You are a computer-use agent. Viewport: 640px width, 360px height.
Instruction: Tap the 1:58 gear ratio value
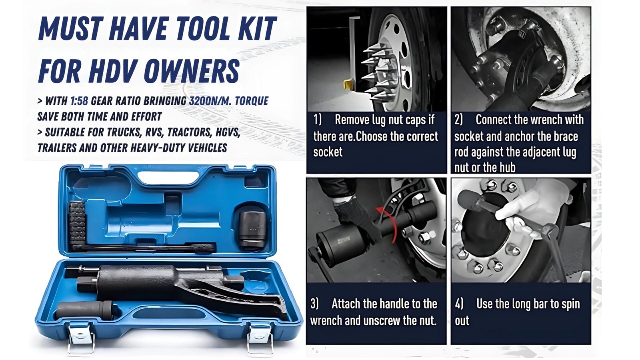pyautogui.click(x=80, y=101)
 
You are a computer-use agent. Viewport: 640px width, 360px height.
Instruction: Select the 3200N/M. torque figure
pyautogui.click(x=209, y=101)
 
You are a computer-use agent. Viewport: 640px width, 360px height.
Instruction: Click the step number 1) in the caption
pyautogui.click(x=318, y=119)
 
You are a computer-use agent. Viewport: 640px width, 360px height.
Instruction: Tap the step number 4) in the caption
pyautogui.click(x=460, y=304)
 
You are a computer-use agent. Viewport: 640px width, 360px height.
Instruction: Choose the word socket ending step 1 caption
pyautogui.click(x=328, y=152)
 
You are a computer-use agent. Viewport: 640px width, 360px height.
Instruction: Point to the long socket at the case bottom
pyautogui.click(x=85, y=310)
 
